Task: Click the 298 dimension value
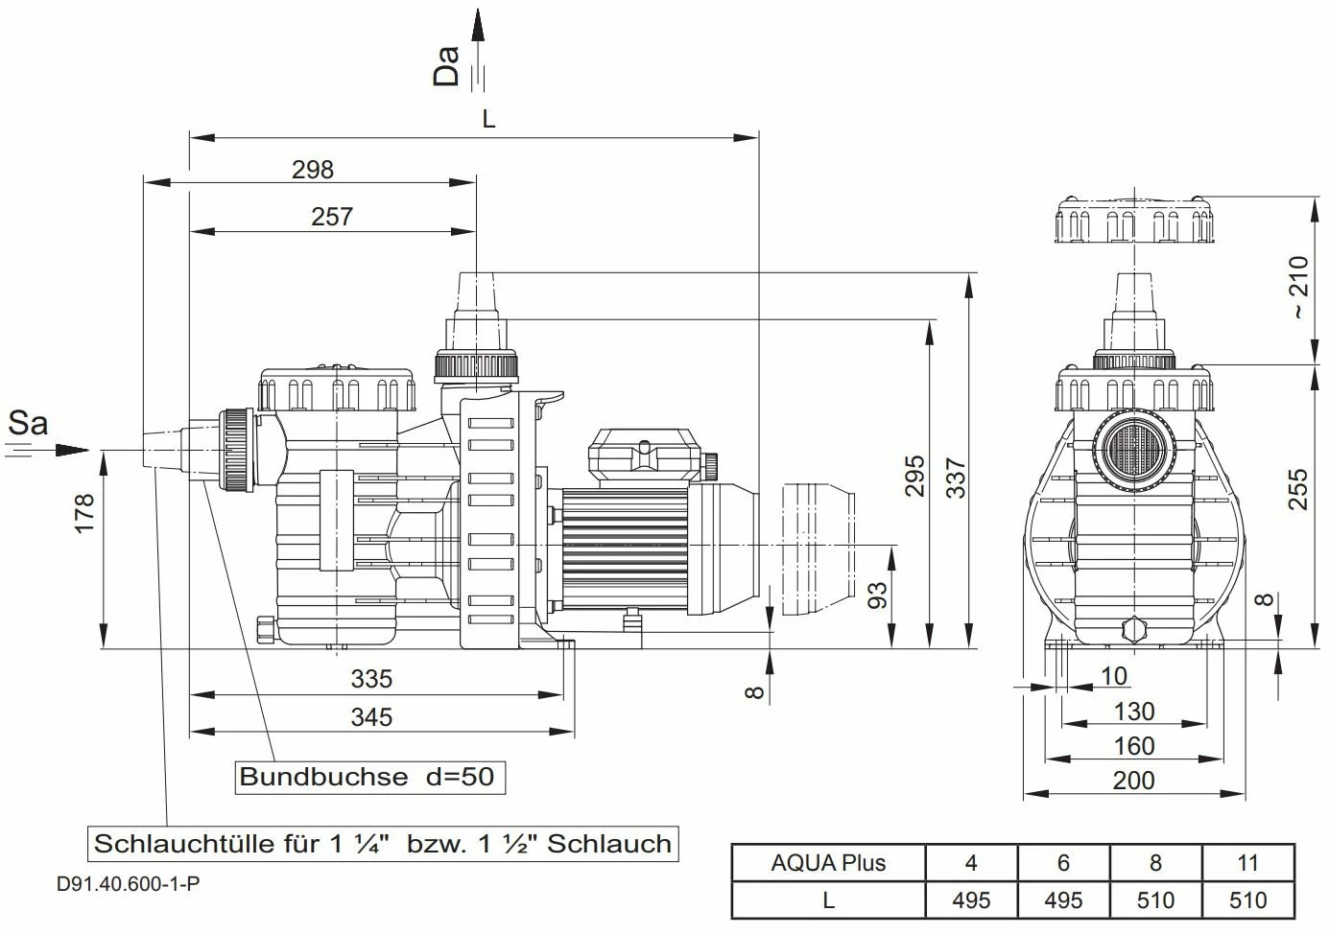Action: pyautogui.click(x=313, y=170)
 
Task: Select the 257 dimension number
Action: pyautogui.click(x=332, y=217)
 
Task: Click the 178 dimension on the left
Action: pyautogui.click(x=84, y=514)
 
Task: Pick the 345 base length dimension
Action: pyautogui.click(x=371, y=717)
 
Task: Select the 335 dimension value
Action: pyautogui.click(x=371, y=679)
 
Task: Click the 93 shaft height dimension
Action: pyautogui.click(x=877, y=595)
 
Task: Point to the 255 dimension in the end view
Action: pyautogui.click(x=1297, y=489)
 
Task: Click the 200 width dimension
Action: pyautogui.click(x=1133, y=781)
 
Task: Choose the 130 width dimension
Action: pyautogui.click(x=1133, y=712)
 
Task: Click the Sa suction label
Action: pyautogui.click(x=28, y=423)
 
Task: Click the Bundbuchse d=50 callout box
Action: pyautogui.click(x=369, y=777)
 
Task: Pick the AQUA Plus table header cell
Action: pyautogui.click(x=828, y=863)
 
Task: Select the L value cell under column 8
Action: pyautogui.click(x=1155, y=900)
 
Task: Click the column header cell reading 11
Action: pyautogui.click(x=1247, y=863)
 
